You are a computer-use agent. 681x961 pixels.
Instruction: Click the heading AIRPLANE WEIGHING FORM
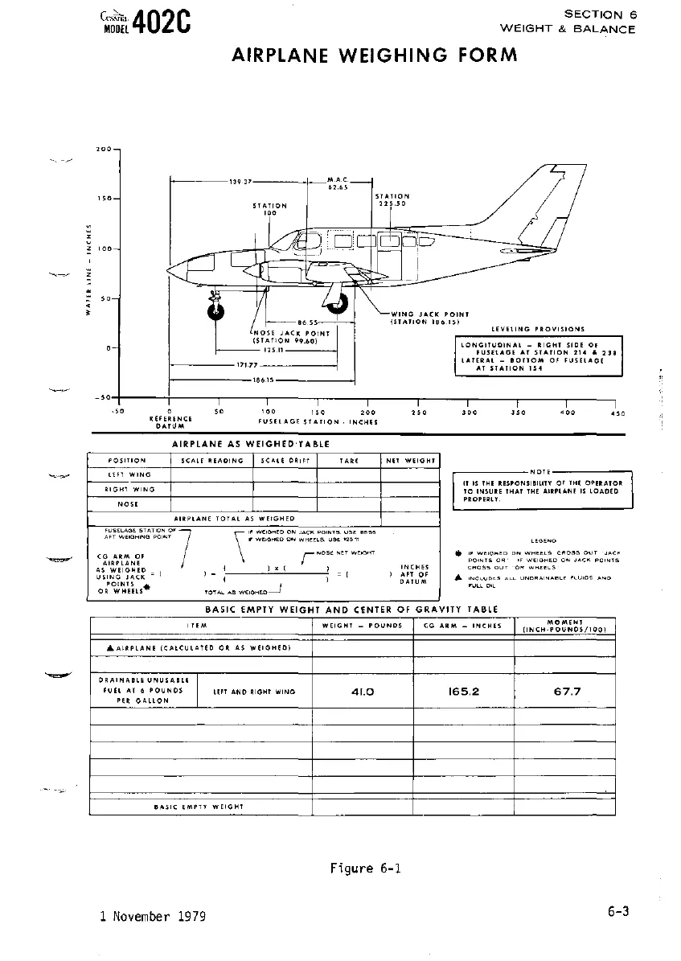point(375,55)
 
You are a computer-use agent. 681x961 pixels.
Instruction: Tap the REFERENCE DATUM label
point(170,422)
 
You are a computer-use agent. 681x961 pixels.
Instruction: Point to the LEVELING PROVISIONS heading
point(538,329)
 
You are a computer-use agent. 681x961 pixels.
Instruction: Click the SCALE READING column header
point(211,461)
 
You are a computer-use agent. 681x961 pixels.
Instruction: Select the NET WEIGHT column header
point(410,461)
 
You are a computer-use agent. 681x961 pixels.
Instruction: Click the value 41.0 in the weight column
point(363,690)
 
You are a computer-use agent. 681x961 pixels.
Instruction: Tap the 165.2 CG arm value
point(463,690)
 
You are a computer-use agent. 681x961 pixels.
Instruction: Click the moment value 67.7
point(567,690)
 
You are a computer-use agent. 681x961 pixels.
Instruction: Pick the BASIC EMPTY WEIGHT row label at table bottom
point(199,806)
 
